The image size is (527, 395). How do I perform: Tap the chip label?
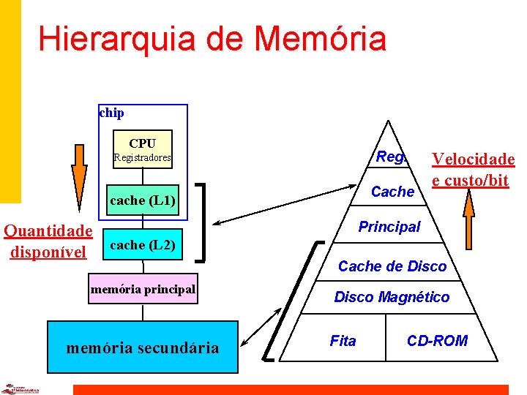pos(111,113)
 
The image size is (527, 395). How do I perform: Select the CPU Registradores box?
pos(142,149)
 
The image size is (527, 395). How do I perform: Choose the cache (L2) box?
pos(142,245)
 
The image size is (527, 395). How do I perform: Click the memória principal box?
pos(143,290)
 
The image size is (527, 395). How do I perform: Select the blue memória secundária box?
pos(142,347)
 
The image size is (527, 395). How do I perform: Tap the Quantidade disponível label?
pos(48,242)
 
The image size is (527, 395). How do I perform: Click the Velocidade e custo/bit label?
pos(473,170)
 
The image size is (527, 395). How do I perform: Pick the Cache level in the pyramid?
pos(393,192)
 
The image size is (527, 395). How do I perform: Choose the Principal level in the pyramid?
pos(389,227)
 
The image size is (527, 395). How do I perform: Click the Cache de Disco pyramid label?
pos(392,266)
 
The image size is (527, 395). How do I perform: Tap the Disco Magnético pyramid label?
pos(392,297)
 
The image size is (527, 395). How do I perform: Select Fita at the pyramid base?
pos(343,341)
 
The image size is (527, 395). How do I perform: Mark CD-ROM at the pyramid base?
pos(437,341)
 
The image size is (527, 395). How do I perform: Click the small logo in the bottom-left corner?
pos(17,388)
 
